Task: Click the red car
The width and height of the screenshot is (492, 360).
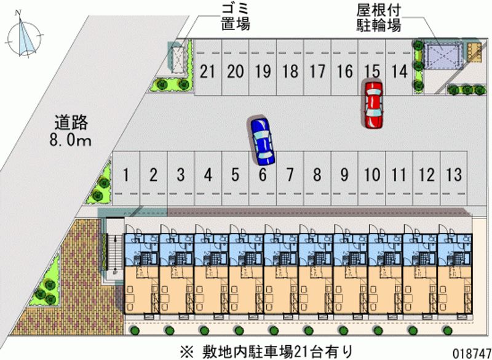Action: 373,104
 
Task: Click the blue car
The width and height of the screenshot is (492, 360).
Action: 261,140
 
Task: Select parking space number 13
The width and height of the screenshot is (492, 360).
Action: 454,175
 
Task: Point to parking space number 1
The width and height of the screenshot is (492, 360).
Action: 125,175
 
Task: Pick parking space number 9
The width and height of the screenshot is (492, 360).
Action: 344,175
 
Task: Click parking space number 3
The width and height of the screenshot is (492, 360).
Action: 180,175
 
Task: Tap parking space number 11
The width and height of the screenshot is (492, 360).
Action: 399,175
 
